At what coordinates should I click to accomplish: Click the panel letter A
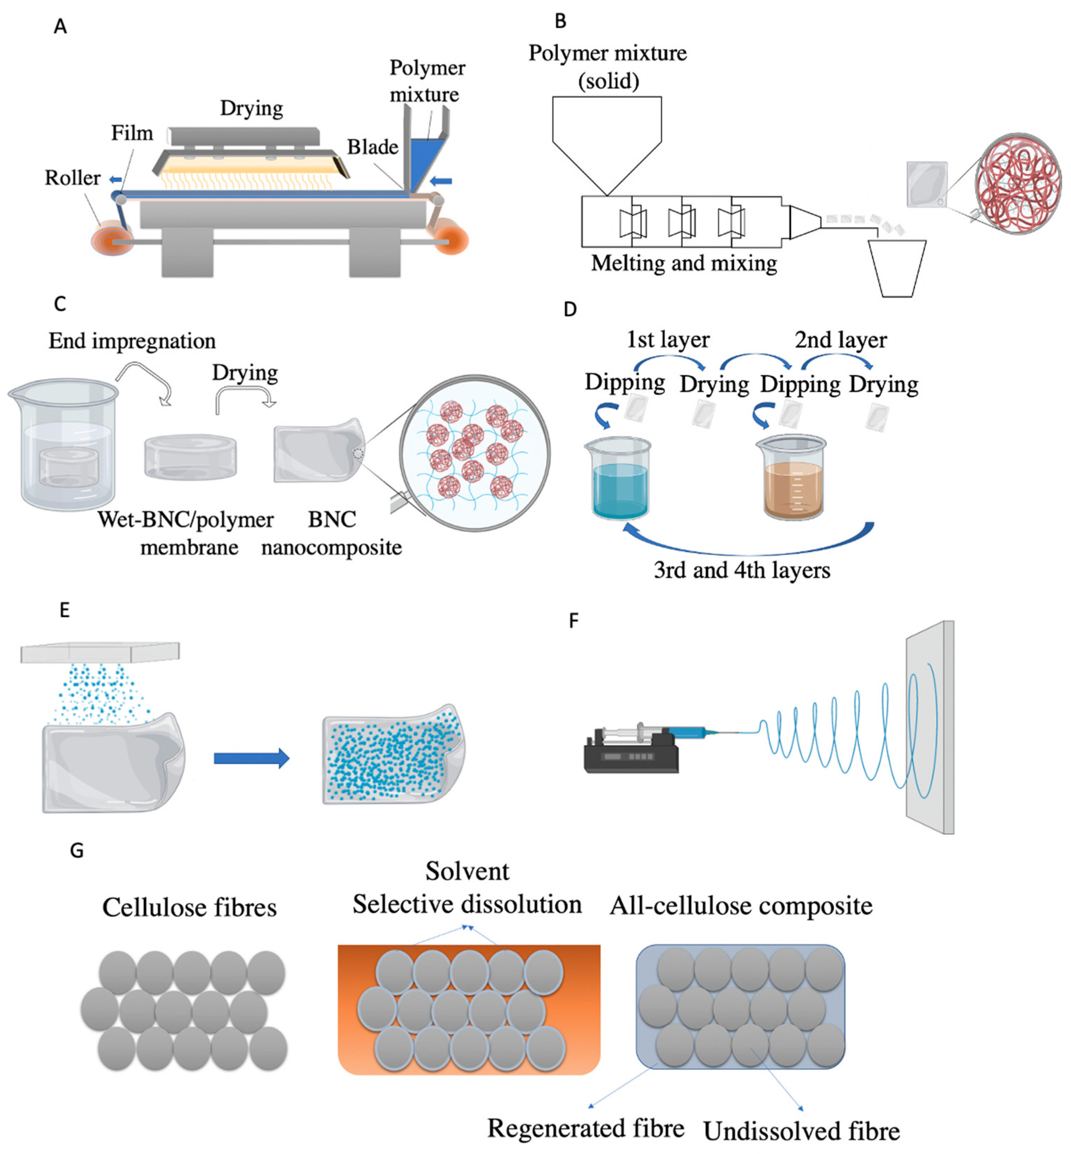click(60, 27)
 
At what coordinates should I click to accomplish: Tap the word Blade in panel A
click(372, 147)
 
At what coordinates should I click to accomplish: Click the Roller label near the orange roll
click(73, 178)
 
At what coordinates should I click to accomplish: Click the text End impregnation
click(132, 341)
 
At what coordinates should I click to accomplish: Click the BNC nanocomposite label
click(332, 533)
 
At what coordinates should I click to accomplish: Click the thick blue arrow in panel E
click(251, 758)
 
